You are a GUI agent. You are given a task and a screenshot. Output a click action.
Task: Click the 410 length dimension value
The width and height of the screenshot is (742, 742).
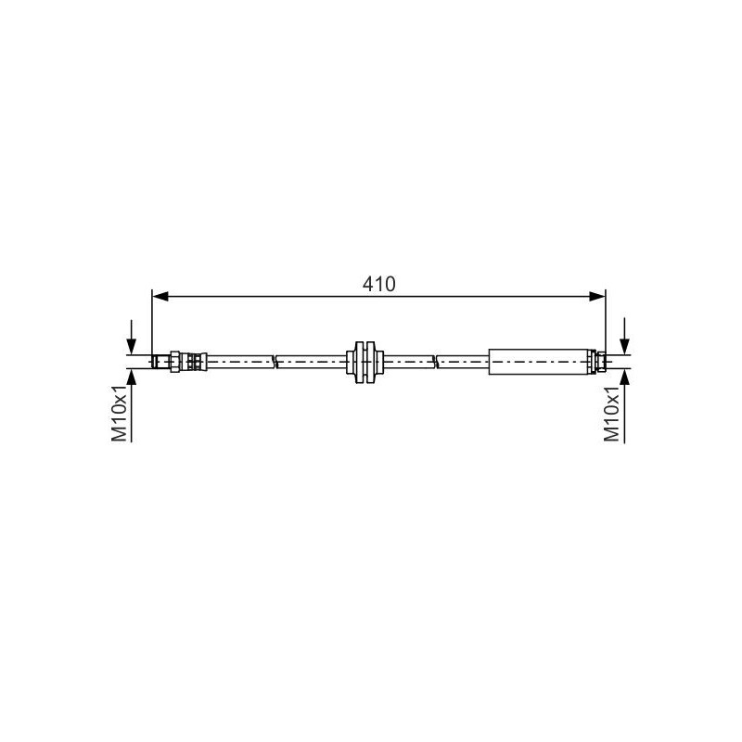pyautogui.click(x=378, y=284)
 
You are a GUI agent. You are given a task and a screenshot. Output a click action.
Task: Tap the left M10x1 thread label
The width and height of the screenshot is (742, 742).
pyautogui.click(x=120, y=413)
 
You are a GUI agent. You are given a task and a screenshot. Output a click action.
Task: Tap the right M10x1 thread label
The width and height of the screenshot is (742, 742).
pyautogui.click(x=611, y=414)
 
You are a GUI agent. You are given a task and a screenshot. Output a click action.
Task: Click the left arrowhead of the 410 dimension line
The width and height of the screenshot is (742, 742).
pyautogui.click(x=160, y=297)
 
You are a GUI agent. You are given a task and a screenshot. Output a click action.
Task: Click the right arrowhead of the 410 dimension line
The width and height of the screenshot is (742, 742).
pyautogui.click(x=597, y=297)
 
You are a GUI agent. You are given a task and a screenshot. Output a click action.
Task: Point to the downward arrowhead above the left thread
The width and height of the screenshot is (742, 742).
pyautogui.click(x=132, y=346)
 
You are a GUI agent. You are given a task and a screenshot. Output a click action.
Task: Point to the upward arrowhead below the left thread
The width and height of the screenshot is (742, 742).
pyautogui.click(x=132, y=377)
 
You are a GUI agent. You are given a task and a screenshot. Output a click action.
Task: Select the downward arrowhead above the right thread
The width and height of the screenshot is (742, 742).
pyautogui.click(x=624, y=346)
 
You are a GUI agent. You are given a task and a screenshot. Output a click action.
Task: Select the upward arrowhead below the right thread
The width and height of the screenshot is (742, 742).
pyautogui.click(x=624, y=377)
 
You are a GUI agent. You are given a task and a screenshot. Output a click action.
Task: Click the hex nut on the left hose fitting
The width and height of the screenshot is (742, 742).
pyautogui.click(x=175, y=362)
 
